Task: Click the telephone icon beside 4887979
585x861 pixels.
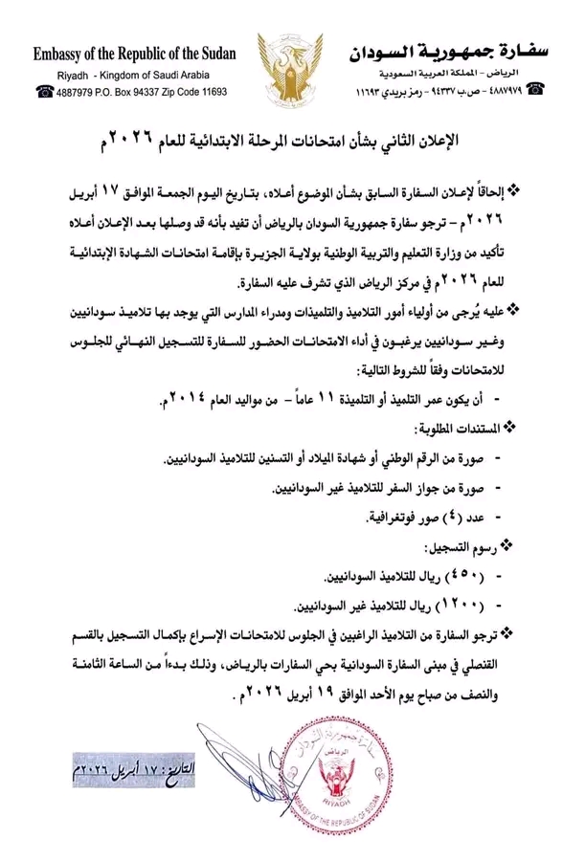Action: tap(45, 91)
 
